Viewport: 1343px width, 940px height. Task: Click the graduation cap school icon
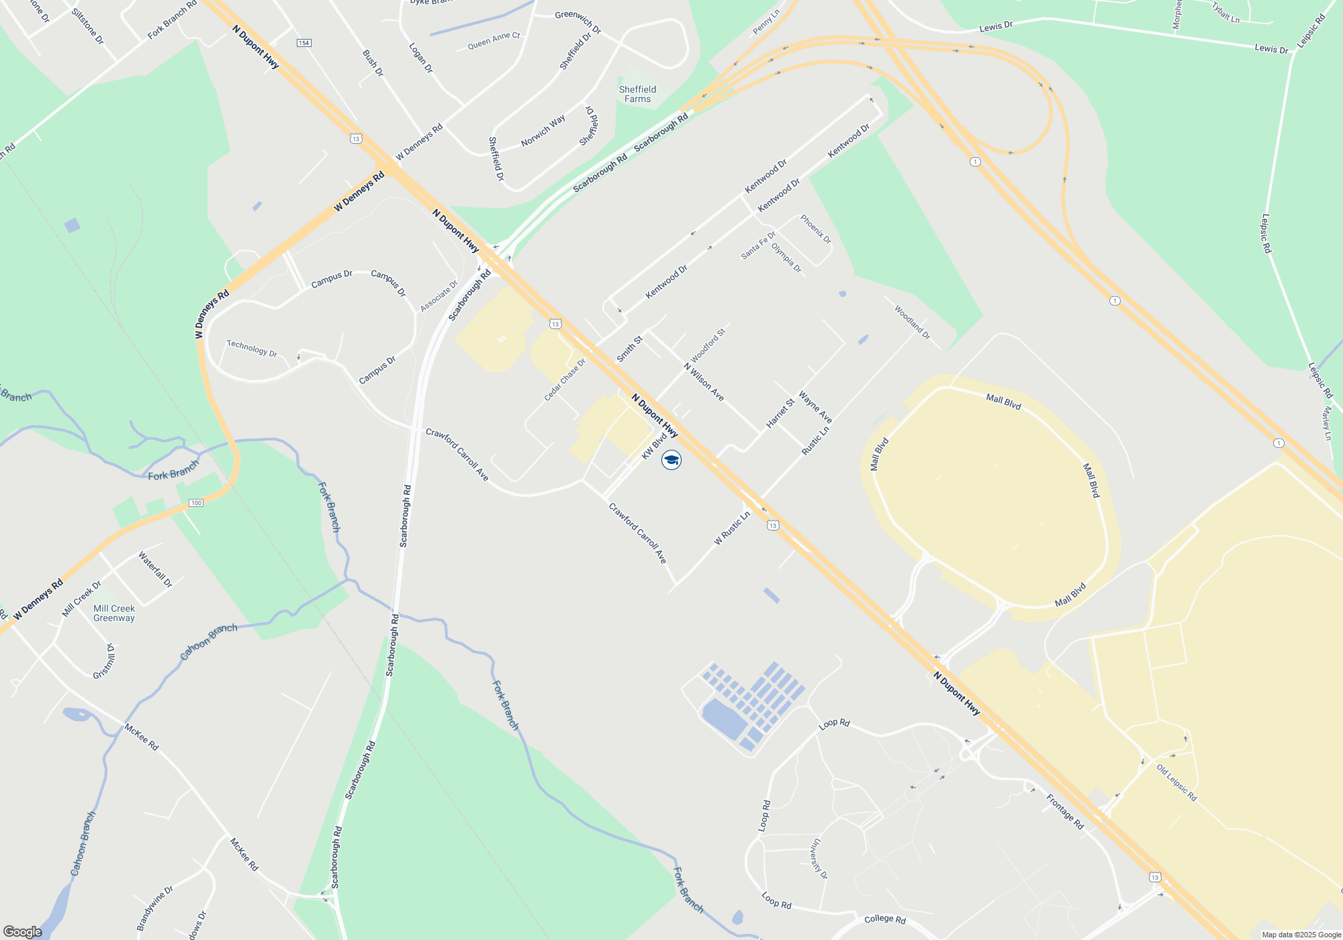point(671,460)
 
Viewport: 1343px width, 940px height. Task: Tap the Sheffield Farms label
point(637,94)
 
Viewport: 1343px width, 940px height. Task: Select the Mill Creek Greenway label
point(114,613)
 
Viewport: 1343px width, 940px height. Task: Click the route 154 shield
point(304,43)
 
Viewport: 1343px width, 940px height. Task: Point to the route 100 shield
point(195,503)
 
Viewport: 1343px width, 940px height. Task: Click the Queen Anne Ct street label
point(494,41)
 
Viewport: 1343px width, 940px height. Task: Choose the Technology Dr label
point(252,348)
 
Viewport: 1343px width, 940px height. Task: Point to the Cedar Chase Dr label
point(565,380)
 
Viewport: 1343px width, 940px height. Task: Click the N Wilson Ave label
point(704,382)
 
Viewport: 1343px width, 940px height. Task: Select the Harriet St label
point(780,413)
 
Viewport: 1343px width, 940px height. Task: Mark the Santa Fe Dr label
point(758,246)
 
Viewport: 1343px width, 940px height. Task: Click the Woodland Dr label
point(912,322)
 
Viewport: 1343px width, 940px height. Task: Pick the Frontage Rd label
point(1065,811)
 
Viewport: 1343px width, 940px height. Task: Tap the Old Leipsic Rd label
point(1176,782)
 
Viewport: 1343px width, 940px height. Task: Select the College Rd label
point(885,919)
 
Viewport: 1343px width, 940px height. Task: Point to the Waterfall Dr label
point(155,569)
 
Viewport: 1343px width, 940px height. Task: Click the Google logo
point(23,931)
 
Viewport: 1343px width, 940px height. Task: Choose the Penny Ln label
point(766,21)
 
